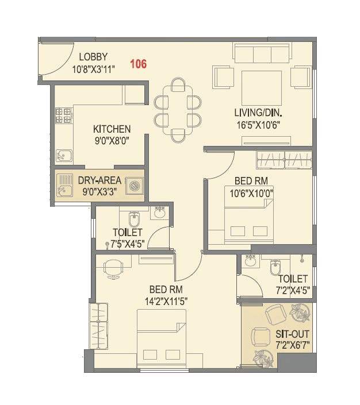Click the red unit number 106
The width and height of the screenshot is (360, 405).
pos(138,64)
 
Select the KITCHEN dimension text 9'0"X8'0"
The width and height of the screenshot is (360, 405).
pos(112,139)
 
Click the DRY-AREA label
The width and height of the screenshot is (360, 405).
pos(99,180)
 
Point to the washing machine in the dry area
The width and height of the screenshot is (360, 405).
pos(135,186)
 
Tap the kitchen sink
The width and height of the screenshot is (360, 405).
pos(64,155)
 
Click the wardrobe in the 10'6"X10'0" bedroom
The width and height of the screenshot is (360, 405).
pos(284,159)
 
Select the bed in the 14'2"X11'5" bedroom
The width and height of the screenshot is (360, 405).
pos(162,338)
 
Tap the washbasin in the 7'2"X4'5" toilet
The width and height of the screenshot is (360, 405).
pos(250,262)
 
